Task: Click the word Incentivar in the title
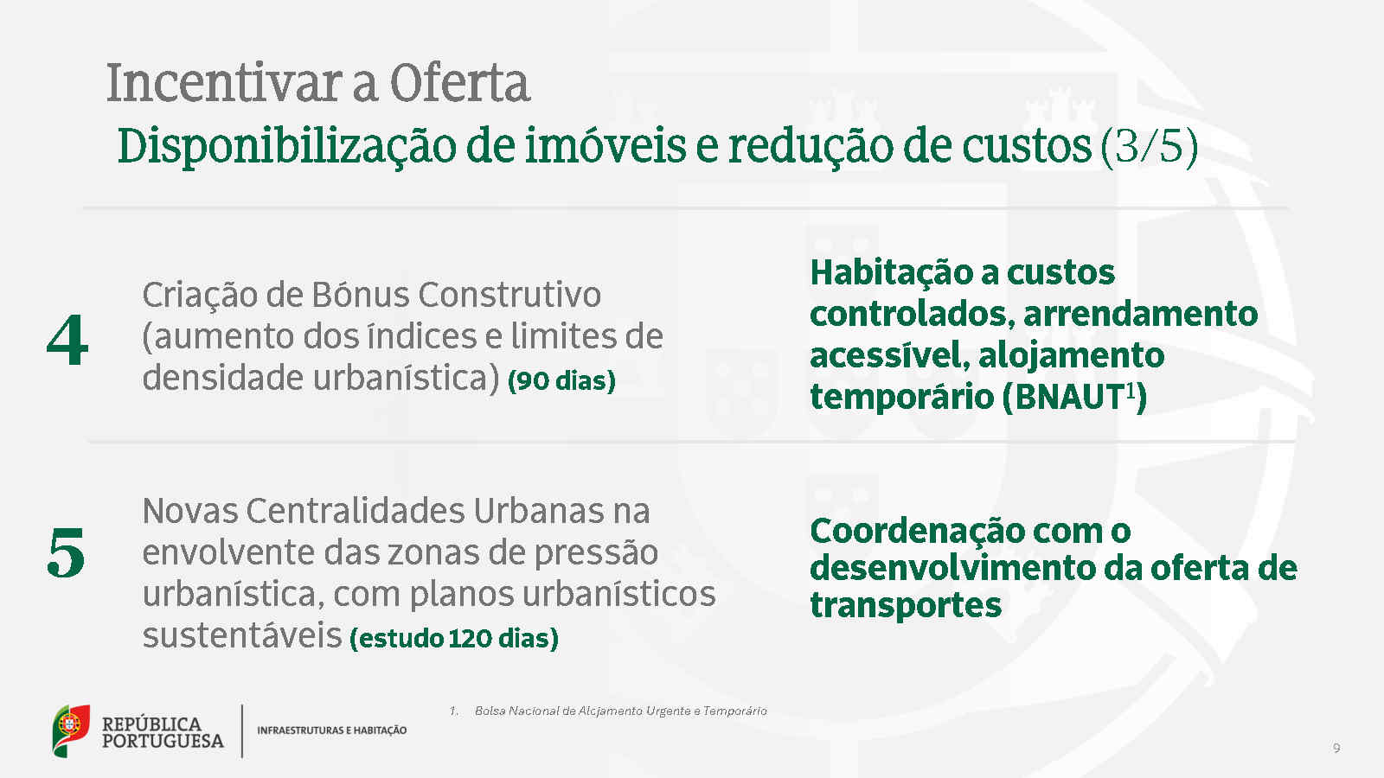224,83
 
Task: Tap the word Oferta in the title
459,83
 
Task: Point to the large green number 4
67,340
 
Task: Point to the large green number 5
66,552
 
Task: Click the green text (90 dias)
561,380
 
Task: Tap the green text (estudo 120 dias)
454,639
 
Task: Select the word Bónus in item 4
360,295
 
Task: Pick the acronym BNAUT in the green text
1069,397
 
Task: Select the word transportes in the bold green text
906,605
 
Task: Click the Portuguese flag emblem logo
71,730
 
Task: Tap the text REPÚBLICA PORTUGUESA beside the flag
163,732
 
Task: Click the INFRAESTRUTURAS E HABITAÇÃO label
332,730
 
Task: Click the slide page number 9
1336,749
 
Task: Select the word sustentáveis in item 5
242,636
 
